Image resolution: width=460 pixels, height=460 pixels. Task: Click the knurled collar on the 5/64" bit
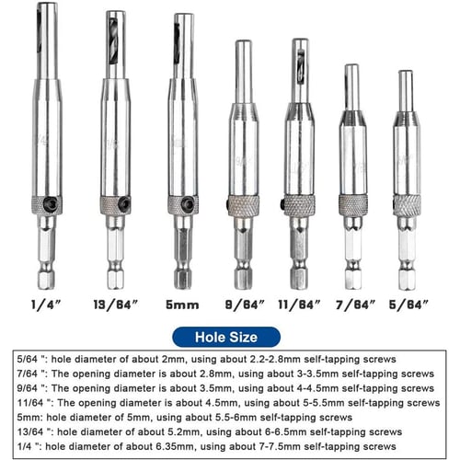point(406,203)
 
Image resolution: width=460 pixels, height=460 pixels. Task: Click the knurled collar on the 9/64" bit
point(244,204)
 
